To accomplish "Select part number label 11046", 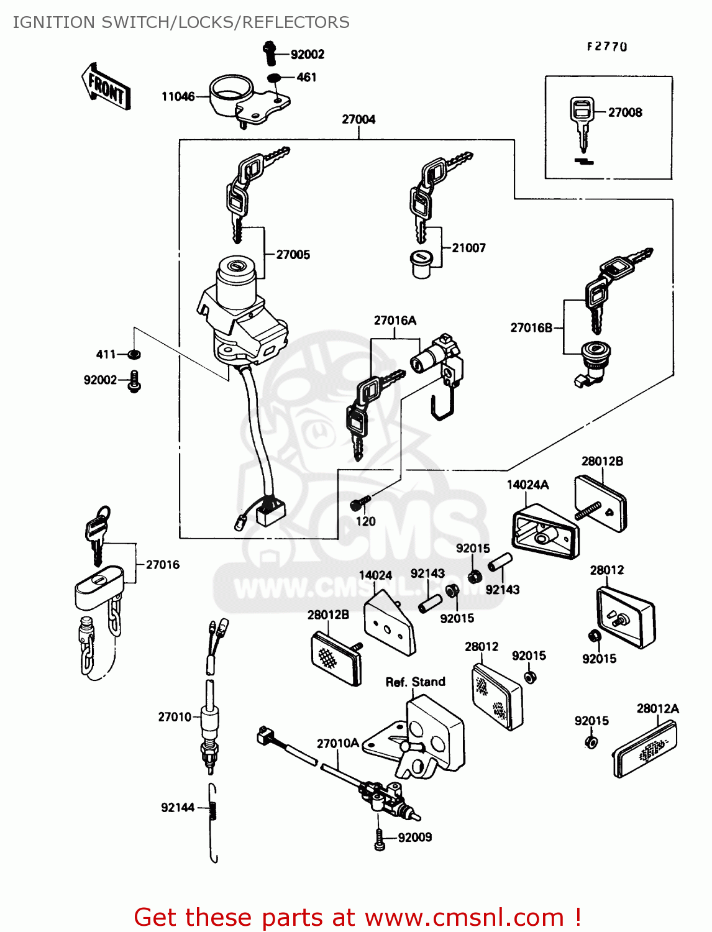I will [178, 96].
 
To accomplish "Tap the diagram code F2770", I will [606, 47].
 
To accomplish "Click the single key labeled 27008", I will [582, 122].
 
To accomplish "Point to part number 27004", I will [358, 119].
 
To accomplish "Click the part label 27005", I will [293, 255].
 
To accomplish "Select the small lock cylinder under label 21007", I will [421, 263].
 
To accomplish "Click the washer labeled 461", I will [273, 78].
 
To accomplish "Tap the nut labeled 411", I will [134, 354].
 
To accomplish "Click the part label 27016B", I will [531, 327].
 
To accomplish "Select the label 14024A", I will [527, 485].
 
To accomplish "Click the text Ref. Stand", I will [415, 682].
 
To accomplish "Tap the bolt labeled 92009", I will [380, 839].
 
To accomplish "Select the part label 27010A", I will [338, 744].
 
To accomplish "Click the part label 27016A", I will [395, 321].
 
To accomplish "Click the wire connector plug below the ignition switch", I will [270, 513].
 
